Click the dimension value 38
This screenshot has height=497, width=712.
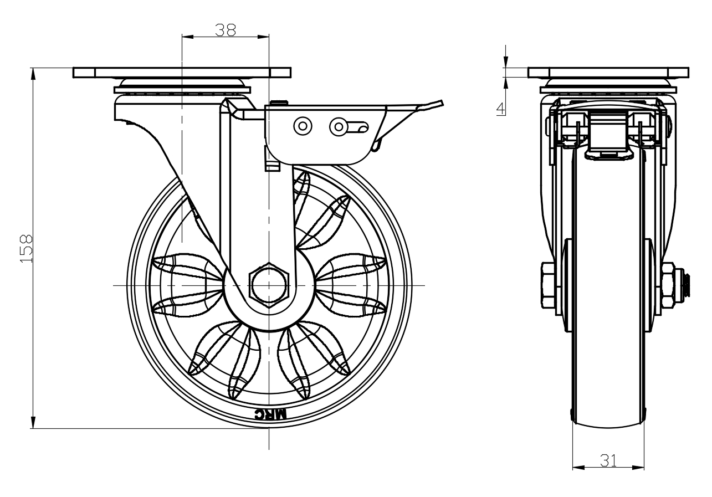click(226, 30)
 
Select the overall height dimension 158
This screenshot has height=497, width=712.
click(26, 248)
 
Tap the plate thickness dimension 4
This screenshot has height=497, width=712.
click(501, 108)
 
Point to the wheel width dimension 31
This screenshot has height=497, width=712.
click(608, 460)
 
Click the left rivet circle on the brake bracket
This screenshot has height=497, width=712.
click(303, 126)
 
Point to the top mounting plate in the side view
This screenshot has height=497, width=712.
click(608, 73)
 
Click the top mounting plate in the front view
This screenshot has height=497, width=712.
click(182, 73)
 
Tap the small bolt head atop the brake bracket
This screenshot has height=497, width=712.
click(279, 102)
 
